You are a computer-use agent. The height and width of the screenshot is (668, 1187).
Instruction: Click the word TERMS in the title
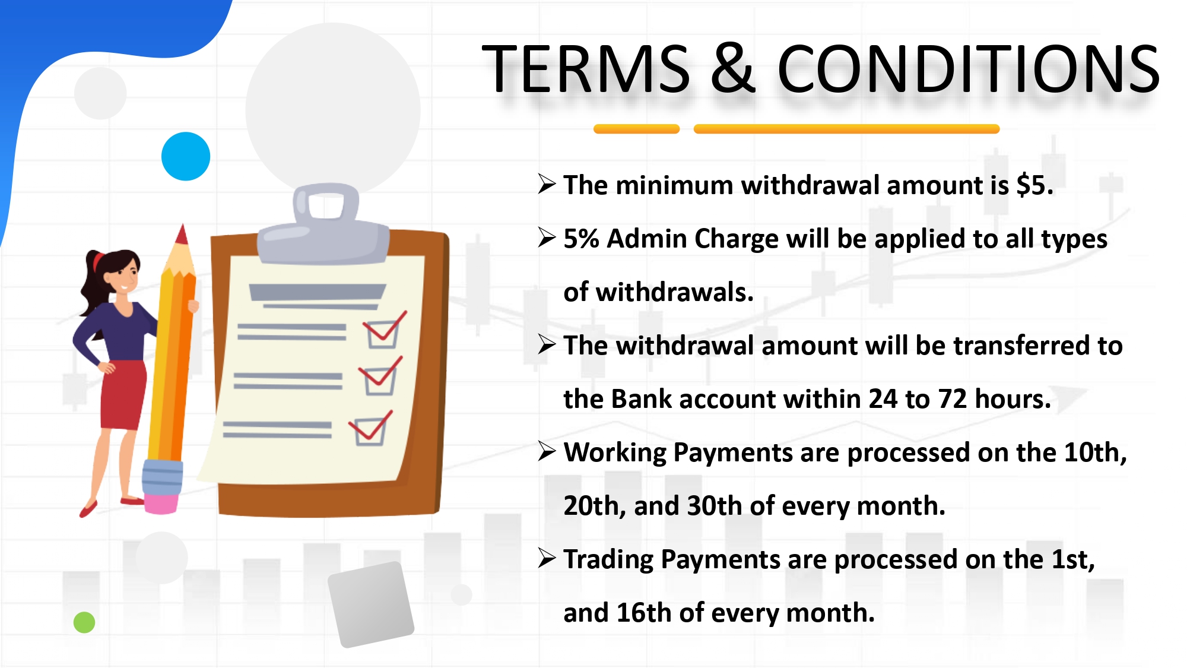586,69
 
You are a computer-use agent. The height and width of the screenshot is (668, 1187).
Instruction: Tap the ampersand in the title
733,69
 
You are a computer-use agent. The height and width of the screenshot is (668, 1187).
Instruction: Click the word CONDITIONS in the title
968,69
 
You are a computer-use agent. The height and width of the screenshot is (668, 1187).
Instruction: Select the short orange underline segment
636,129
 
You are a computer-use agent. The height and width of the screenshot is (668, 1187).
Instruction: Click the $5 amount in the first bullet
1031,185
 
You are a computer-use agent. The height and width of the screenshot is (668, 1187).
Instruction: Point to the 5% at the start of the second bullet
581,239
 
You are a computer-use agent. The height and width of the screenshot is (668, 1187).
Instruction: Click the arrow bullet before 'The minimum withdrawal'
547,184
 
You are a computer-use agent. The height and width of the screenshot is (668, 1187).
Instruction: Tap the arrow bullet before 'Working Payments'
547,451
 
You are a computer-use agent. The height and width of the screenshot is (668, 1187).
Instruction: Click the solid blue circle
186,156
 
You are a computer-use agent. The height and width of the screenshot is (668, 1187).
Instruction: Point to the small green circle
84,622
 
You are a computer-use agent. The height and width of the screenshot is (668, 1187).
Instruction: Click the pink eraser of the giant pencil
161,503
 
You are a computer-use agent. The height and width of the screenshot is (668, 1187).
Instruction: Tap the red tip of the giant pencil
182,234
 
